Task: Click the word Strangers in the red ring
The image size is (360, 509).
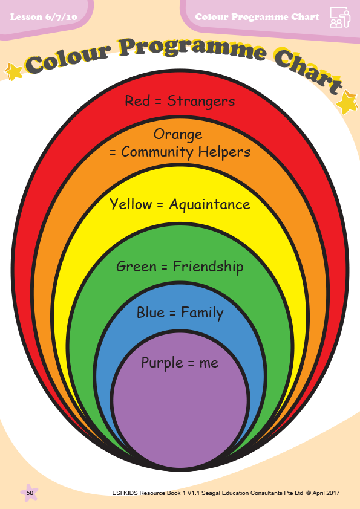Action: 201,102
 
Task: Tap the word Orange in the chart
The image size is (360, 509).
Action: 178,134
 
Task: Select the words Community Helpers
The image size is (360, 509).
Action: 186,152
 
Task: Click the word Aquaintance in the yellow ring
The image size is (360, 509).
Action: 209,204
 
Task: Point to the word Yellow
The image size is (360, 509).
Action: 131,204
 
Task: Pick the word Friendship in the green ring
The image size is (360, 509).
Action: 208,267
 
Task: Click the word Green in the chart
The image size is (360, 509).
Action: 137,267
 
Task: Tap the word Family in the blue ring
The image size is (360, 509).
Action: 202,313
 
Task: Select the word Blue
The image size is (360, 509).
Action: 151,313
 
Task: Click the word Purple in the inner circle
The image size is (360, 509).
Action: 162,363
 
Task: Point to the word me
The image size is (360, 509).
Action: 209,363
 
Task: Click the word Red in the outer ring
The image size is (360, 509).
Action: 137,100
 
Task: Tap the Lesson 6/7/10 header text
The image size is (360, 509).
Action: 44,17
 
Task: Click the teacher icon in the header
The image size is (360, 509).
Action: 340,18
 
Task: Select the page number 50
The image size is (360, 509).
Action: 30,493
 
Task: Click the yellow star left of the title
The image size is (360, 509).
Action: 13,71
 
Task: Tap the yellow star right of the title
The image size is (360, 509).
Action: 347,102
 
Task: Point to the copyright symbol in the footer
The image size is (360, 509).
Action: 308,493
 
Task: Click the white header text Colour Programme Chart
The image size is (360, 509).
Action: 257,17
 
